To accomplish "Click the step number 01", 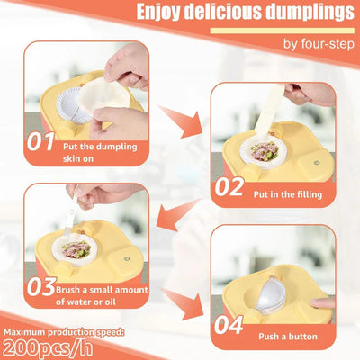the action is point(40,141).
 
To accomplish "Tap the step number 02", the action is point(229,186).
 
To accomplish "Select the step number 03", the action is point(41,286).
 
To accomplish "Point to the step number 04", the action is point(229,325).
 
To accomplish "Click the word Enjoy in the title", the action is point(158,12).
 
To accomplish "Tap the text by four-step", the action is point(319,45).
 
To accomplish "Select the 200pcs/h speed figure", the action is point(48,347).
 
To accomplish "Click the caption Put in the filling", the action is point(288,194).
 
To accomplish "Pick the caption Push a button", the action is point(288,337).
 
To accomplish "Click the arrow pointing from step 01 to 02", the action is point(181,121).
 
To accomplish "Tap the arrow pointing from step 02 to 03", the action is point(178,215).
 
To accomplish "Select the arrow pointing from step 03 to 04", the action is point(183,303).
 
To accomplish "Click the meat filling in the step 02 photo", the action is point(265,151).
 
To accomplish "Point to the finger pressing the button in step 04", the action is point(322,302).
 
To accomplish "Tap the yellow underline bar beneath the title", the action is point(283,31).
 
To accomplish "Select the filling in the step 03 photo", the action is point(76,250).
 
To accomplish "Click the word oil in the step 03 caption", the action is point(110,301).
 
